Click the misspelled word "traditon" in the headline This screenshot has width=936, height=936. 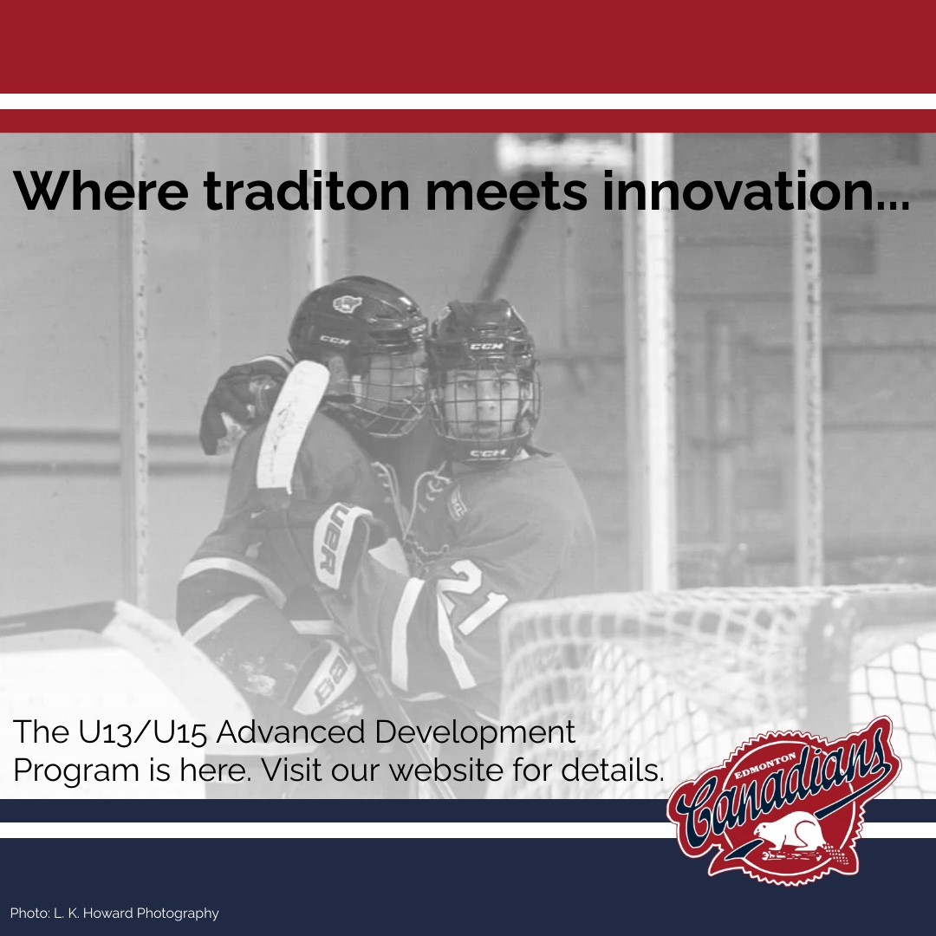[307, 191]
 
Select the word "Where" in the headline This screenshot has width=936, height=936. [101, 191]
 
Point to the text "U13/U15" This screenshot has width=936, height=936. [142, 731]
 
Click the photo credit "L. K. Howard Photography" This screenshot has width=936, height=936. [136, 913]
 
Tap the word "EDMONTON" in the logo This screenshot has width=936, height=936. [764, 766]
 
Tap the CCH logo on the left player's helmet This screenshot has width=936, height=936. [335, 341]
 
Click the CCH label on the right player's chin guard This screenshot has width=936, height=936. [488, 453]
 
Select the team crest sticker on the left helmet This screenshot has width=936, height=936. [348, 304]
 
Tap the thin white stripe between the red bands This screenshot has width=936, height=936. [468, 101]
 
